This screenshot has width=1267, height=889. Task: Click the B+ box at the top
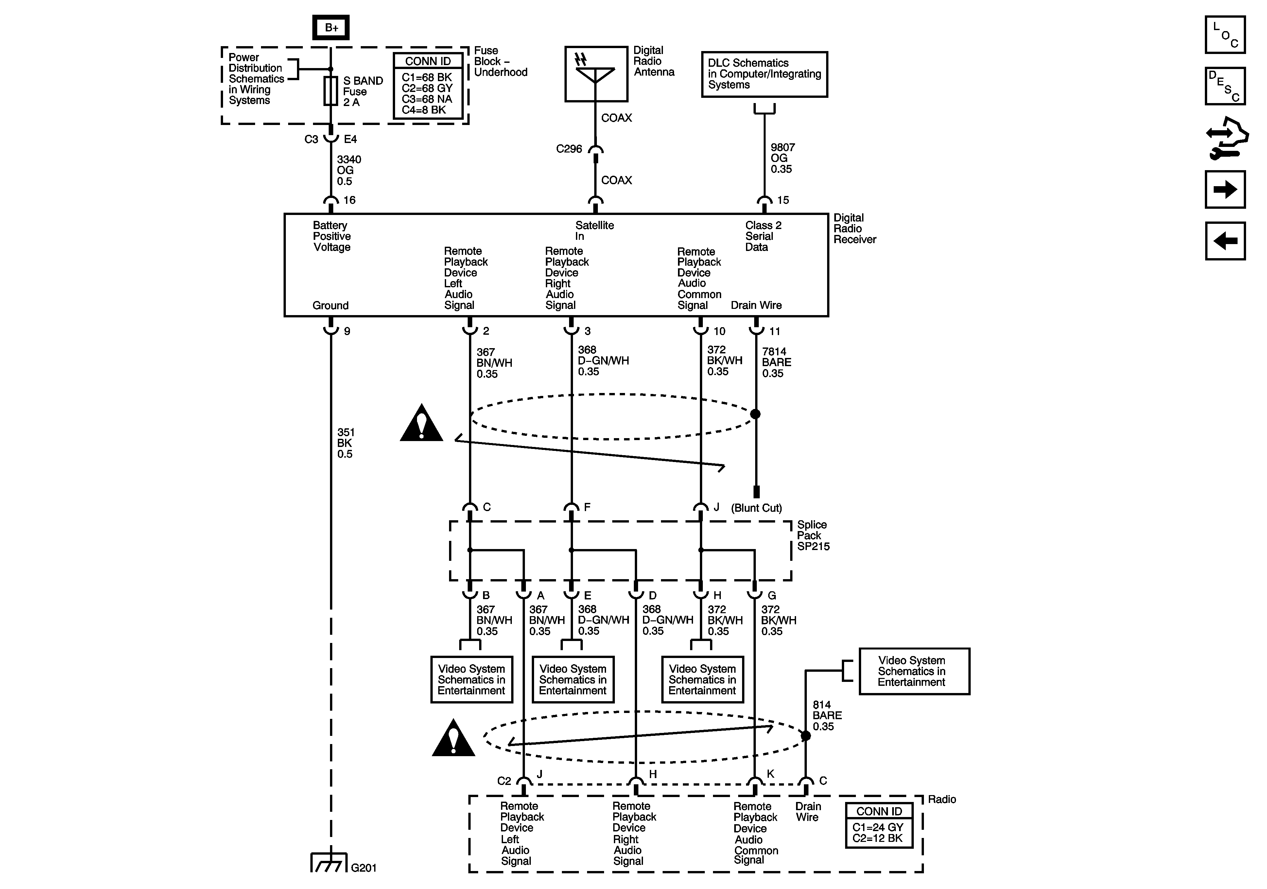click(331, 27)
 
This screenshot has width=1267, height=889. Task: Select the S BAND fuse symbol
click(331, 91)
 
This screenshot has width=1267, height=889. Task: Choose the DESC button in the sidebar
click(1225, 86)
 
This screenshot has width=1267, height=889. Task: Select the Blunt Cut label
click(756, 508)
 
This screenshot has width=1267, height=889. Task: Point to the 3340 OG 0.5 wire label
click(349, 170)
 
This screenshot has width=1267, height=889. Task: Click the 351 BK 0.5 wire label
click(345, 443)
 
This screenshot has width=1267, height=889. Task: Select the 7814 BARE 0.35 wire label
click(776, 362)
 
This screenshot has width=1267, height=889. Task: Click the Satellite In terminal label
click(594, 231)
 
